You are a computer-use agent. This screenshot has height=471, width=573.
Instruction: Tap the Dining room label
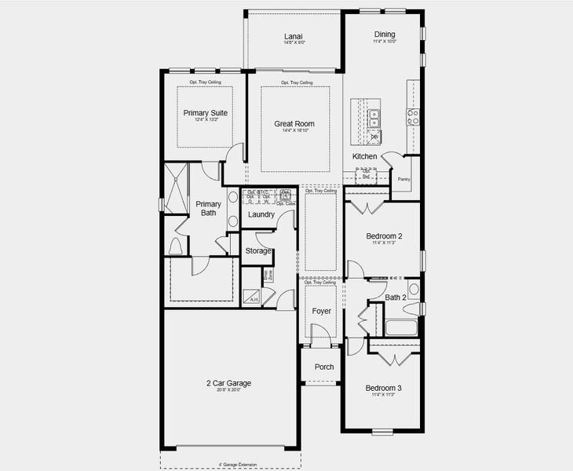pyautogui.click(x=385, y=35)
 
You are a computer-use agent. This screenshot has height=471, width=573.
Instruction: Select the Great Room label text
pyautogui.click(x=294, y=124)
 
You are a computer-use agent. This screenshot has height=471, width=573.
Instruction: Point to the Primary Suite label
pyautogui.click(x=206, y=113)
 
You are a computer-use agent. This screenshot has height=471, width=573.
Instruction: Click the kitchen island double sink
pyautogui.click(x=374, y=119)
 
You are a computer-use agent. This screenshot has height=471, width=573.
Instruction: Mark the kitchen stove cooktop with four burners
pyautogui.click(x=413, y=117)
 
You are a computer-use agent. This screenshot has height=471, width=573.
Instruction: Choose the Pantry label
pyautogui.click(x=404, y=179)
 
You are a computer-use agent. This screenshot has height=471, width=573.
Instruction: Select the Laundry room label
pyautogui.click(x=261, y=214)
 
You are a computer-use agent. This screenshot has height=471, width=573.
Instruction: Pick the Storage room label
pyautogui.click(x=258, y=251)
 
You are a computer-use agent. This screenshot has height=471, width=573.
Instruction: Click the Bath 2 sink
pyautogui.click(x=414, y=289)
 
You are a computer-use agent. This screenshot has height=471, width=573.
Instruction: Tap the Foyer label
pyautogui.click(x=321, y=312)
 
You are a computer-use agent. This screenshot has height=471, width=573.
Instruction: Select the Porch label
pyautogui.click(x=324, y=367)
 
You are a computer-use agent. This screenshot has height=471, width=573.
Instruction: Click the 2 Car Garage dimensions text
pyautogui.click(x=229, y=390)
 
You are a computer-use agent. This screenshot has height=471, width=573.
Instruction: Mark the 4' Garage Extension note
pyautogui.click(x=229, y=464)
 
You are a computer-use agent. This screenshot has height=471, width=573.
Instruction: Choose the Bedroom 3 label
pyautogui.click(x=384, y=389)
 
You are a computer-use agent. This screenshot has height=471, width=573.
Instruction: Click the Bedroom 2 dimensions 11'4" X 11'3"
pyautogui.click(x=384, y=243)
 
